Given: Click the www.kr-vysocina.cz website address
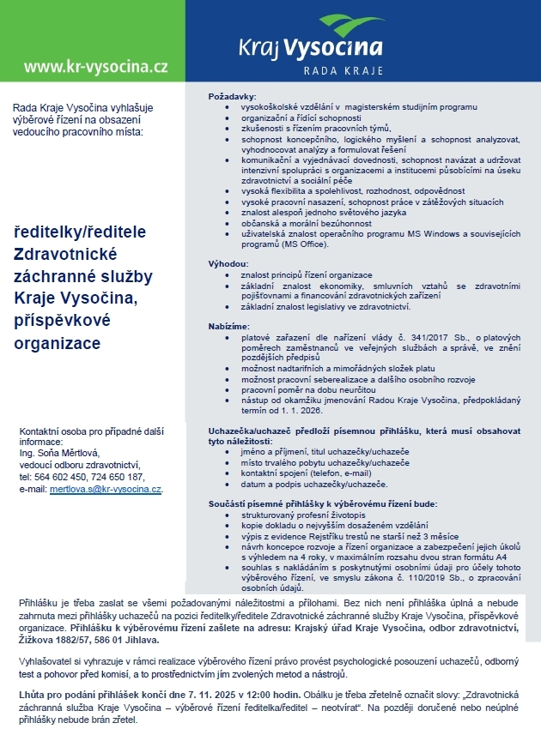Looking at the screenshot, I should click(x=95, y=66).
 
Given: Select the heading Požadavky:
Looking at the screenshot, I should click(x=233, y=96).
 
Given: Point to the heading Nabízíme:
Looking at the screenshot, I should click(x=230, y=327).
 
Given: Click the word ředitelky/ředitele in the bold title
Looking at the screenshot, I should click(x=82, y=232).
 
